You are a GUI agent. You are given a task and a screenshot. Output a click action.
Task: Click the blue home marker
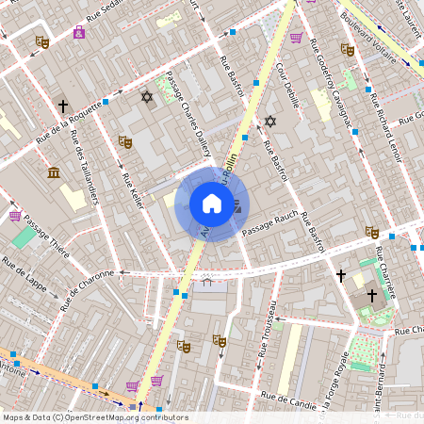point(212,204)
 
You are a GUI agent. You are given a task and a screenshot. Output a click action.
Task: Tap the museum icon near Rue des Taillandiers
point(54,172)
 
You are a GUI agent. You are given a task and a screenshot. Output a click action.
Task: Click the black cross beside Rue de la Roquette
point(63,106)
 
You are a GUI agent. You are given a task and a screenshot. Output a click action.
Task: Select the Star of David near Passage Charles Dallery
point(146,96)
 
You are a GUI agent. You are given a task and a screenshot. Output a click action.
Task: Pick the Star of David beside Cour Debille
point(270,121)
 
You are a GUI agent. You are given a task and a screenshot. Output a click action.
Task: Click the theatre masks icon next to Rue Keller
point(124,141)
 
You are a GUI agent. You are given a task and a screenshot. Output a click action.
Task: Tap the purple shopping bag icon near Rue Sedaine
point(78,32)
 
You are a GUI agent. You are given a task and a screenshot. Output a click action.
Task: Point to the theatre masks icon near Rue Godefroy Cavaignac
point(347,49)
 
